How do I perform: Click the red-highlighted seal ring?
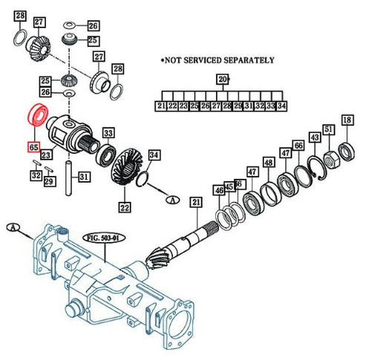click(x=36, y=117)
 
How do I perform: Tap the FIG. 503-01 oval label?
click(x=104, y=239)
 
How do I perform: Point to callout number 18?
click(x=347, y=120)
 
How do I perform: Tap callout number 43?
click(x=315, y=138)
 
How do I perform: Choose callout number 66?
click(x=298, y=145)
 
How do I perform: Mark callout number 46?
click(x=219, y=192)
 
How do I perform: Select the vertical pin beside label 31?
click(x=69, y=177)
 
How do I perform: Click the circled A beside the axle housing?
click(x=13, y=229)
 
